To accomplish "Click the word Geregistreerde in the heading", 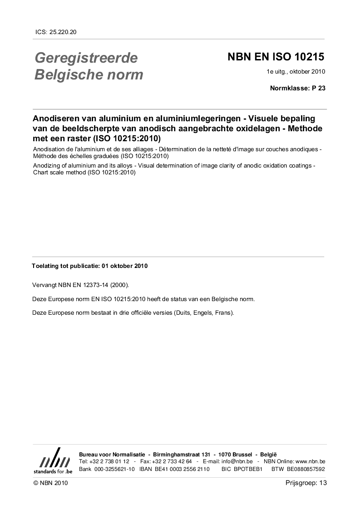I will pyautogui.click(x=86, y=58).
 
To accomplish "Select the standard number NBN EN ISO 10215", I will pyautogui.click(x=276, y=57).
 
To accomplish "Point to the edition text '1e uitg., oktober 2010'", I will pyautogui.click(x=296, y=72).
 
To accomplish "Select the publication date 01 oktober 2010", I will pyautogui.click(x=124, y=266).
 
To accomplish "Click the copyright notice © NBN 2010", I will pyautogui.click(x=50, y=483).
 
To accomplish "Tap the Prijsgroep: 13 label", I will pyautogui.click(x=306, y=483).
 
